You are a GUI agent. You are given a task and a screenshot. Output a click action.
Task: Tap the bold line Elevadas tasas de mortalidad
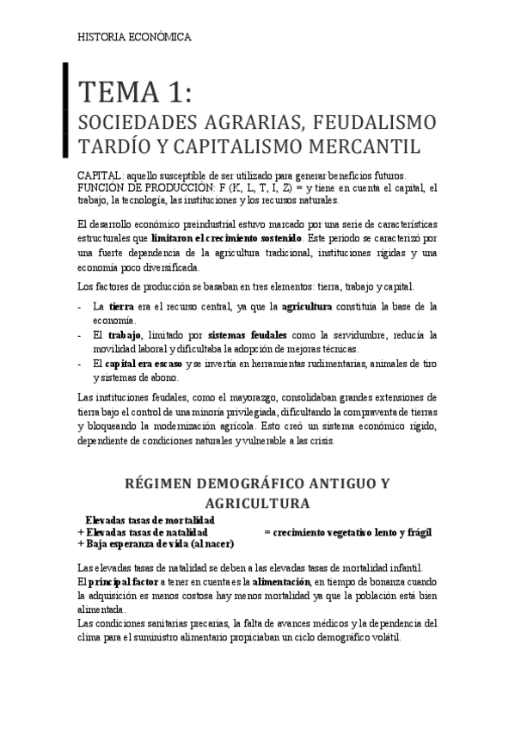coord(150,521)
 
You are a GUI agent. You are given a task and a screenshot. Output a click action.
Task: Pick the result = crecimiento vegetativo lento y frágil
coord(347,532)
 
